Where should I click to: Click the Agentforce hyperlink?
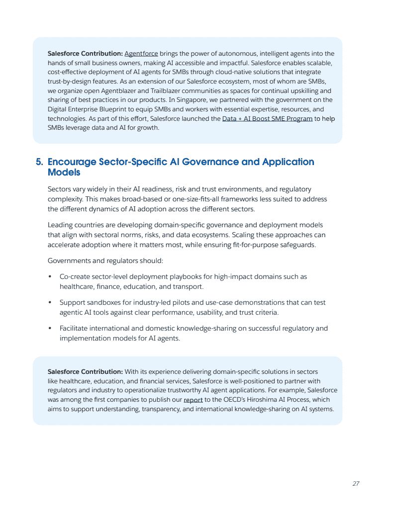click(141, 54)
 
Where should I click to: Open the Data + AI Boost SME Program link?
click(267, 119)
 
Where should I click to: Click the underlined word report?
click(193, 400)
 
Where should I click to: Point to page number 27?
click(356, 484)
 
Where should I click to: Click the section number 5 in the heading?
click(39, 162)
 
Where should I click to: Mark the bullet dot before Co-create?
click(50, 277)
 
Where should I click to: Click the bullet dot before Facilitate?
click(50, 329)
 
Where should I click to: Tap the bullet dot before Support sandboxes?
click(50, 303)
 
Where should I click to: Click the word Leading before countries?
click(60, 225)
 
